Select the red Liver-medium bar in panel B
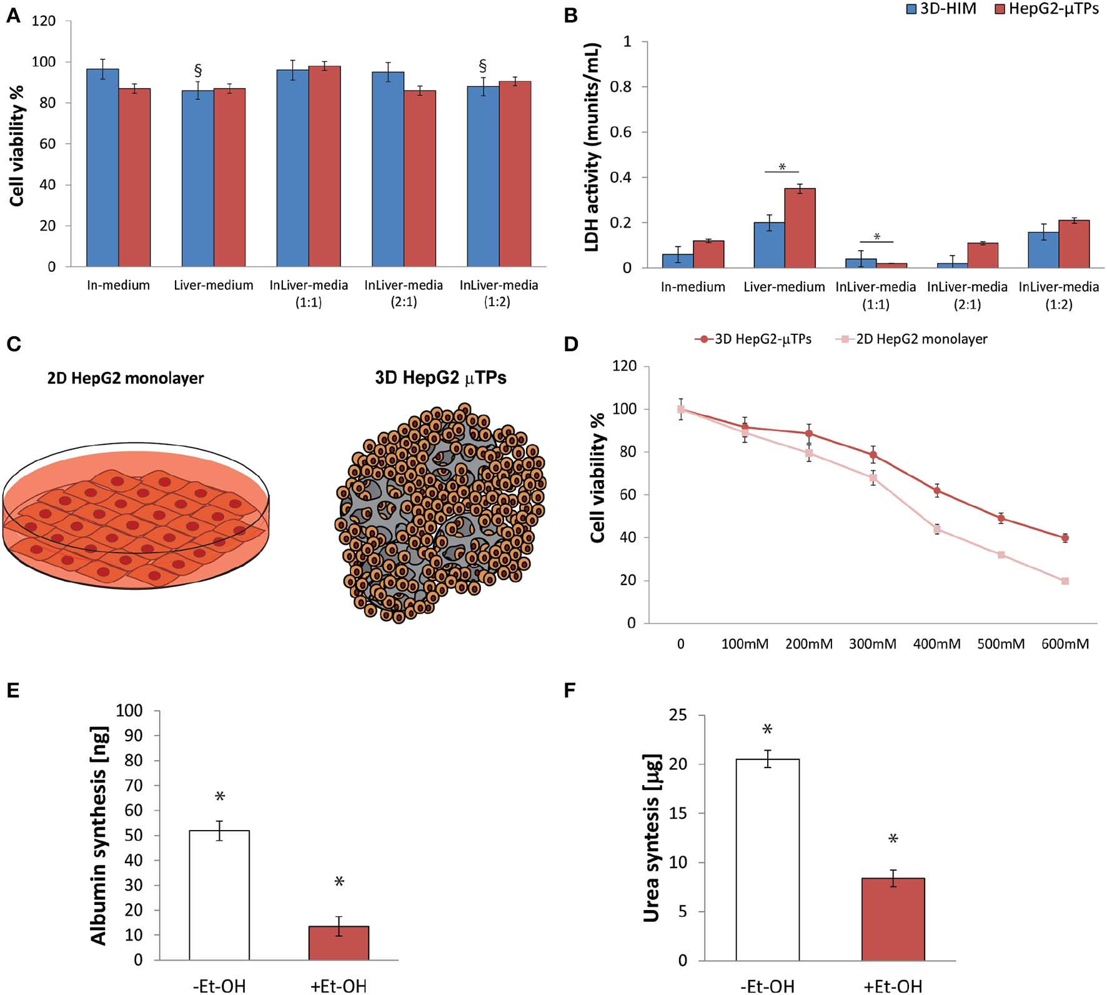point(800,228)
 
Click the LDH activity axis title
point(593,147)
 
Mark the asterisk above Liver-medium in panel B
point(782,167)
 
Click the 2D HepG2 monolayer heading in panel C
point(126,378)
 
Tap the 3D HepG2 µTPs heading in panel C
point(440,378)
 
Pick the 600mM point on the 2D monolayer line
point(1065,581)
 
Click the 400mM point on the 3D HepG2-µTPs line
point(937,491)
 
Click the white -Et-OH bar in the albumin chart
point(219,895)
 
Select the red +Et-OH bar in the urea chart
point(893,919)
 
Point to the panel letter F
point(570,690)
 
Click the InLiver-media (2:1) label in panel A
point(404,293)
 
